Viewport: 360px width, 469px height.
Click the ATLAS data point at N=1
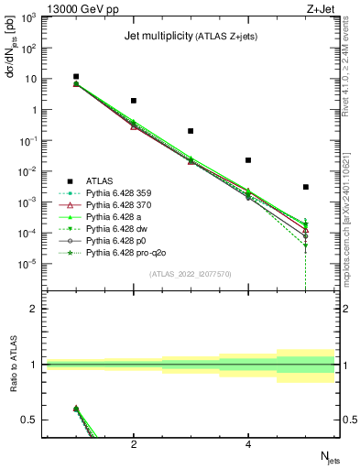pyautogui.click(x=76, y=77)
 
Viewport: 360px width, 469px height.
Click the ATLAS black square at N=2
pyautogui.click(x=134, y=101)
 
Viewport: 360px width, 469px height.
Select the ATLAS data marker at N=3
pyautogui.click(x=191, y=131)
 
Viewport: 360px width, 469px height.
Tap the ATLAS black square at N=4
pyautogui.click(x=248, y=160)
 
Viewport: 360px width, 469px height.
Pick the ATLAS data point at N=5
pyautogui.click(x=305, y=187)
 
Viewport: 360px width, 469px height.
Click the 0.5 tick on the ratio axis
pyautogui.click(x=30, y=420)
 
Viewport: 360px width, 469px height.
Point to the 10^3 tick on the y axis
pyautogui.click(x=27, y=17)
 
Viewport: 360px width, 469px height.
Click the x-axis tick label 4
pyautogui.click(x=248, y=445)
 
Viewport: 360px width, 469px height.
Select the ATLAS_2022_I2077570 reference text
pyautogui.click(x=191, y=274)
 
